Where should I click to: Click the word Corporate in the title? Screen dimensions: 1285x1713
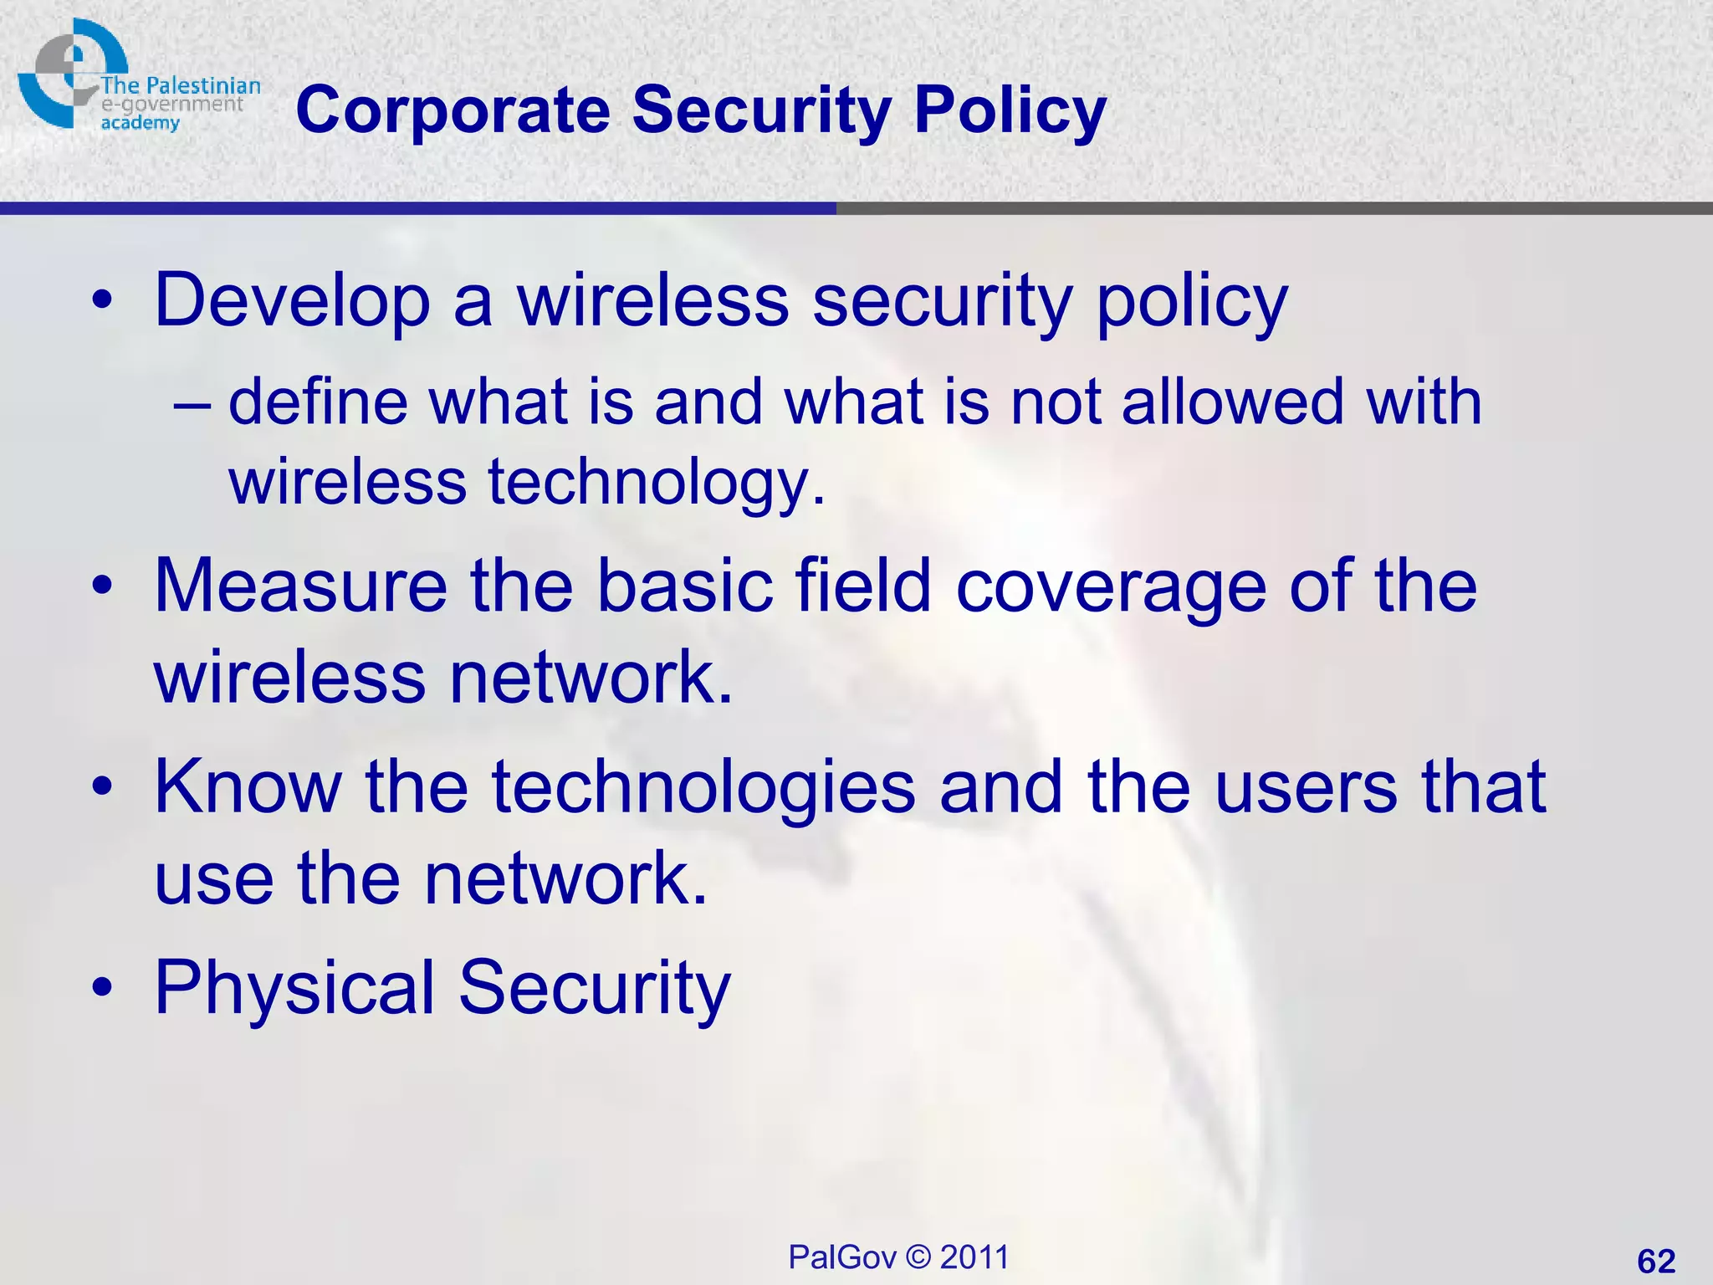(x=453, y=111)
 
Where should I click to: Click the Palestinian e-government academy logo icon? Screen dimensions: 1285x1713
(x=71, y=73)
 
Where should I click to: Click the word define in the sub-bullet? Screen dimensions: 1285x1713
(x=317, y=402)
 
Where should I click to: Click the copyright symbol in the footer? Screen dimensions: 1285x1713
(x=918, y=1257)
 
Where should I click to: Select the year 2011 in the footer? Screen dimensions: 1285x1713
(x=974, y=1257)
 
